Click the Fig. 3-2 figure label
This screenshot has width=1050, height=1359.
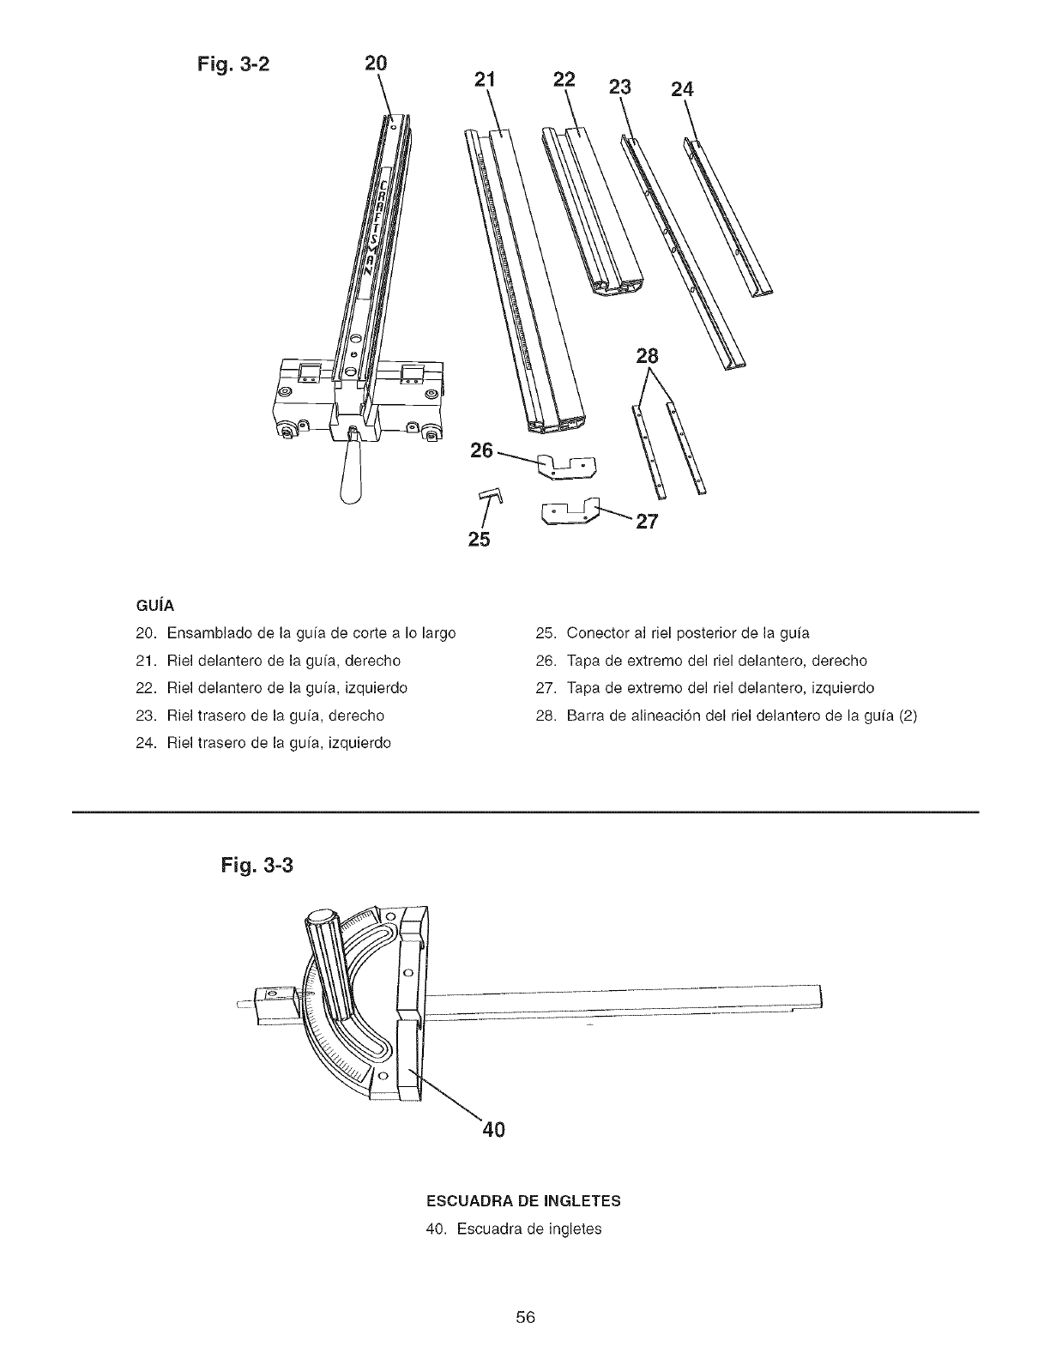[x=227, y=66]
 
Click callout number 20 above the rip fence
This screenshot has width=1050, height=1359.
[x=376, y=63]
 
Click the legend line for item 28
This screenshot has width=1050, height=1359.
[x=726, y=715]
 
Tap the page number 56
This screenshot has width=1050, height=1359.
[x=525, y=1317]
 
